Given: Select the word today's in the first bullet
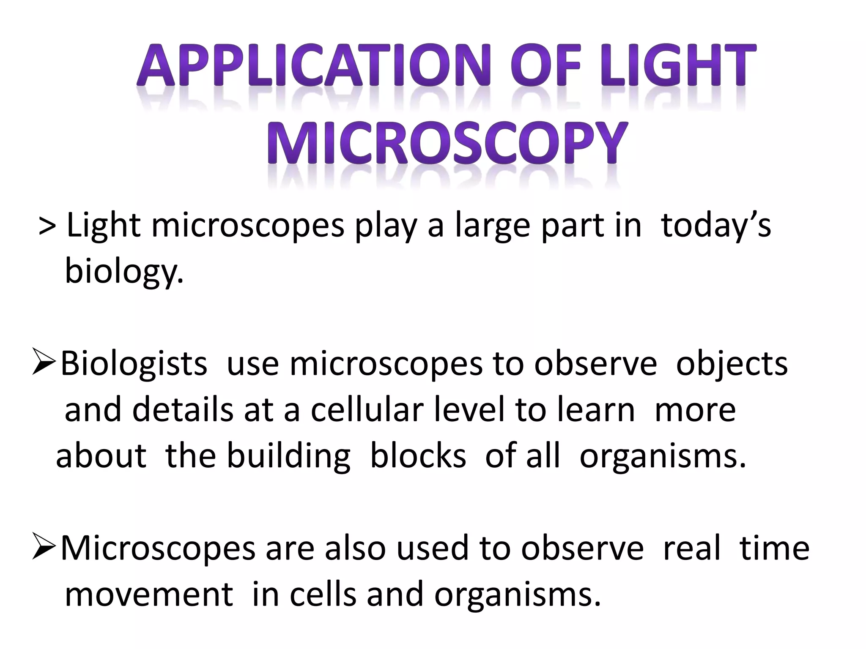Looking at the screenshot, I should tap(715, 226).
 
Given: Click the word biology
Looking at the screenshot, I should tap(124, 272).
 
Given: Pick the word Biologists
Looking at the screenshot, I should tap(134, 364).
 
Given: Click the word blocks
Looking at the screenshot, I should tap(418, 455).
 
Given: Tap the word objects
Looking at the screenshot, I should tap(732, 364).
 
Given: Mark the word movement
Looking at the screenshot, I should tap(149, 594).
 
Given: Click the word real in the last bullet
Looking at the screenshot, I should tap(691, 548).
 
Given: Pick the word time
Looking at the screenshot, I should tap(774, 548).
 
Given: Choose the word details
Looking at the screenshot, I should tap(183, 410).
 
